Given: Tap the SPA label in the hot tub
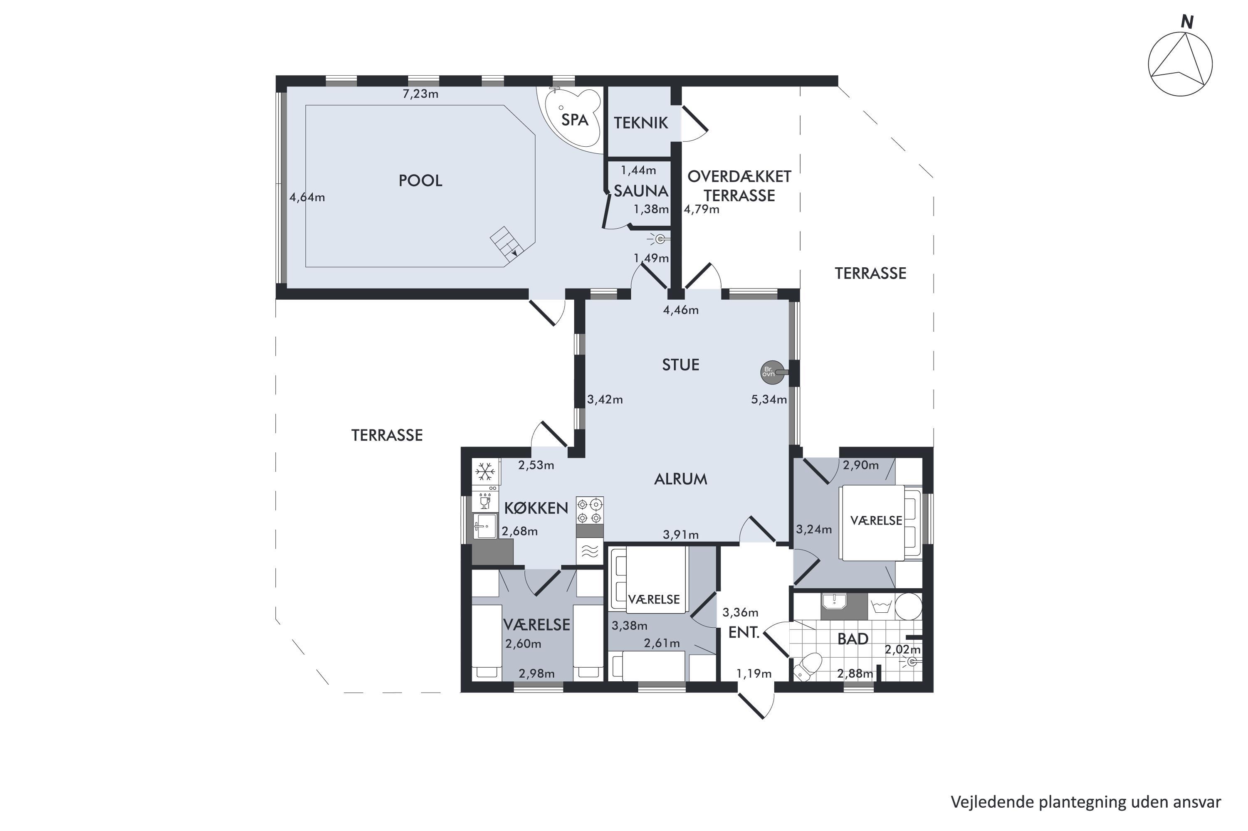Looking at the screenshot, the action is (x=574, y=120).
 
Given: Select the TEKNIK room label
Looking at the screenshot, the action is (x=640, y=123).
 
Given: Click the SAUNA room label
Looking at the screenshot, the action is (x=640, y=190).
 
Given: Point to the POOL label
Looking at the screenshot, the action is (x=420, y=181).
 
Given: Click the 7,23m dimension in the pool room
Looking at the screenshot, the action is (x=420, y=94).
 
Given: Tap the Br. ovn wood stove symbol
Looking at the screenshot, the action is (x=768, y=372).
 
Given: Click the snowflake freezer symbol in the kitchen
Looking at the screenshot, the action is (x=485, y=471).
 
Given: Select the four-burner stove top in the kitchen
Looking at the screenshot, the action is (x=590, y=510).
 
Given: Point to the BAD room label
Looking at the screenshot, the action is (x=853, y=639).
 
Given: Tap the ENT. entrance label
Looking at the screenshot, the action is (x=744, y=632).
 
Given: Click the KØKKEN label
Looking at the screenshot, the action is (x=536, y=508).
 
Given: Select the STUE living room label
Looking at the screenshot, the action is (x=681, y=365).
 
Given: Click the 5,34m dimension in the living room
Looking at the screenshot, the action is (x=769, y=399).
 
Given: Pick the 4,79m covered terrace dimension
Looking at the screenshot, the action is (x=702, y=210).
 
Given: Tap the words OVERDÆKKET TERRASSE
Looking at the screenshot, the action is (x=739, y=186).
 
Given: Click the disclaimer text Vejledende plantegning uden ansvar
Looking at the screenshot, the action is (x=1086, y=802).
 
